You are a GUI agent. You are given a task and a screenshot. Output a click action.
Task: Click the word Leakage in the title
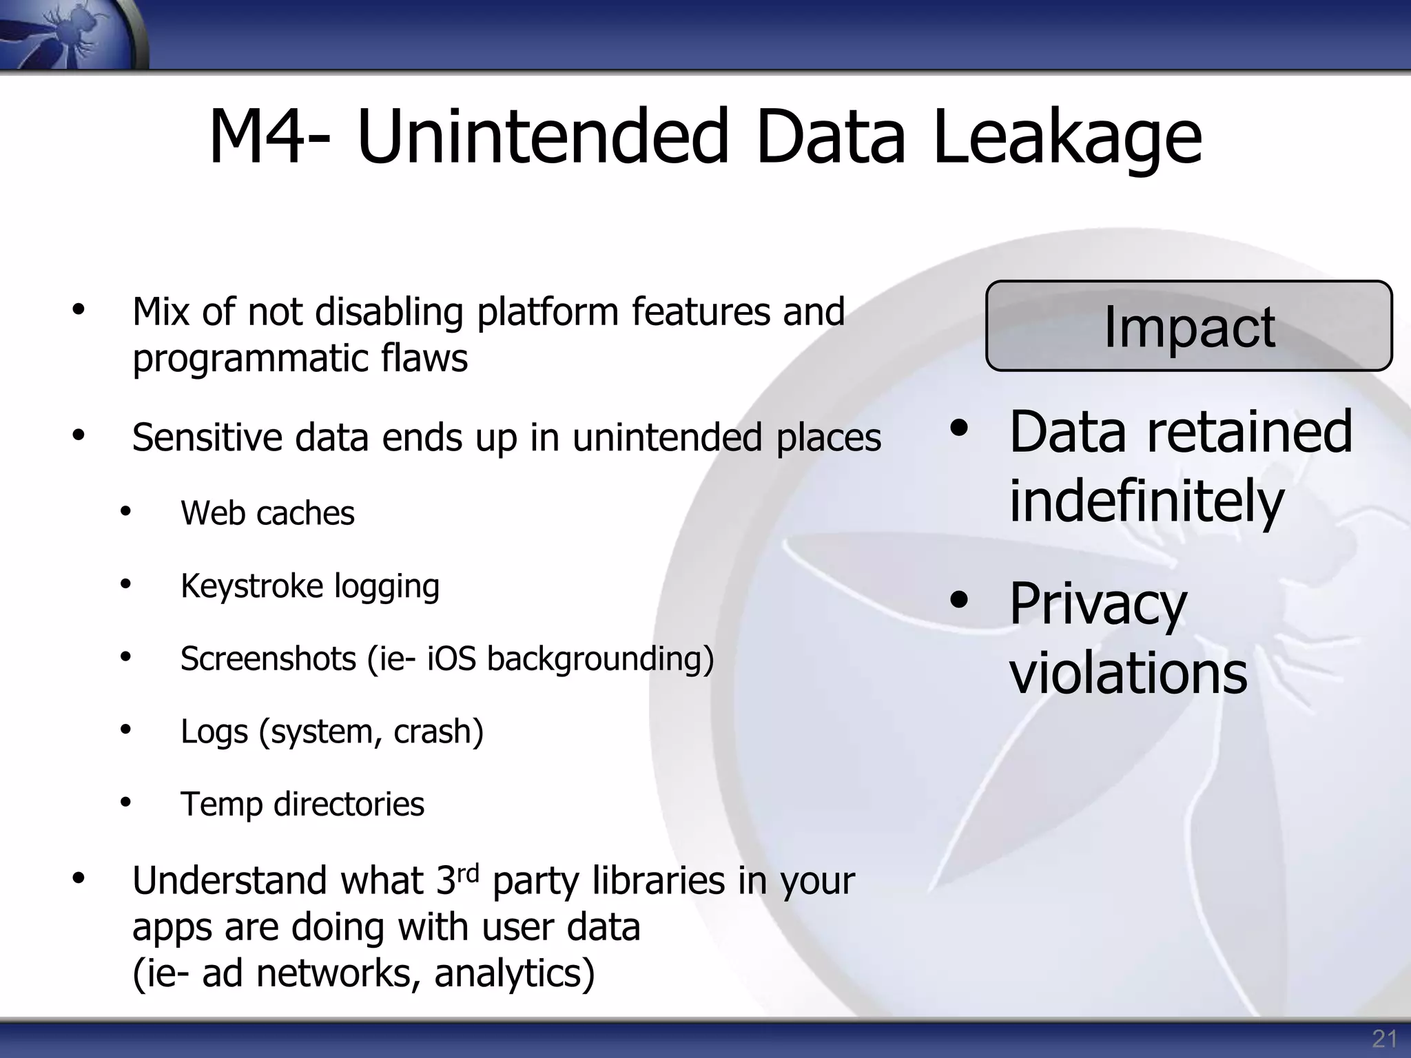coord(1067,138)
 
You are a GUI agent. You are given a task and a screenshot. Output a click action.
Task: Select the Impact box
coord(1188,326)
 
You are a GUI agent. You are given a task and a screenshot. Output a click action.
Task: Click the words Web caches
coord(267,513)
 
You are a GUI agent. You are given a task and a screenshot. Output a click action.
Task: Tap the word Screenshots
coord(268,658)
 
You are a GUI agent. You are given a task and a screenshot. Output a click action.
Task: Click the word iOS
coord(451,658)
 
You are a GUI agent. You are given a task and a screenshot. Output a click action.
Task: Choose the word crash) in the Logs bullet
coord(438,732)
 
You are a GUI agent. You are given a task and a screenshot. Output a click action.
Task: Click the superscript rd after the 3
coord(468,873)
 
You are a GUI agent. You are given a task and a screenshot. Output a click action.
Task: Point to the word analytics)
coord(514,973)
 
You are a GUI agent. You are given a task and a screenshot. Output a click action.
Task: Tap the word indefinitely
coord(1146,501)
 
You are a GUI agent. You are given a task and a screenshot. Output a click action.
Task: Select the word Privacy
coord(1098,604)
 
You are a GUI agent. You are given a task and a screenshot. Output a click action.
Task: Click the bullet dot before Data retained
coord(958,429)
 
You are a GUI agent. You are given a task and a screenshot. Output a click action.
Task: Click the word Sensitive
coord(207,437)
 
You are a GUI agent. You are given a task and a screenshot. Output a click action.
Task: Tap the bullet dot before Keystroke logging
coord(125,585)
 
